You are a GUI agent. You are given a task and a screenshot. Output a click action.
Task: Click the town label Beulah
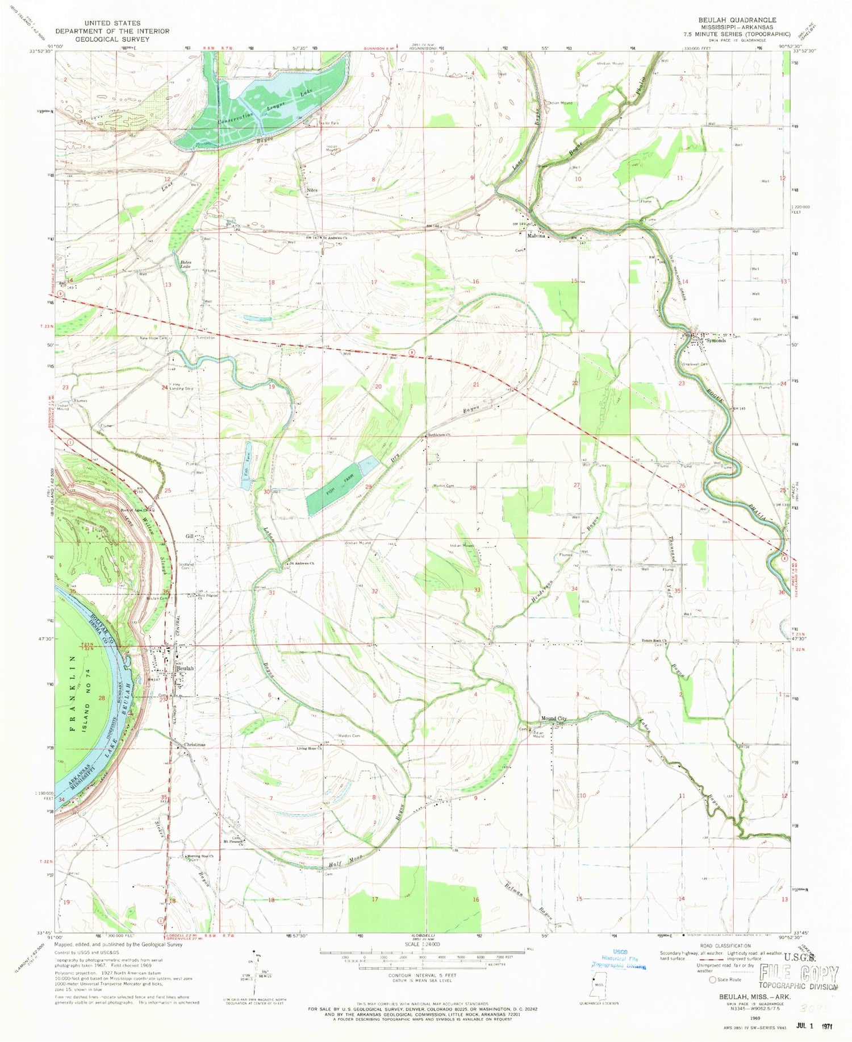185,669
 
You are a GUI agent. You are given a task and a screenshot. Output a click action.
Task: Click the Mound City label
553,719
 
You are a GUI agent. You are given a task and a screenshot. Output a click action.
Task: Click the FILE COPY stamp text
798,974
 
